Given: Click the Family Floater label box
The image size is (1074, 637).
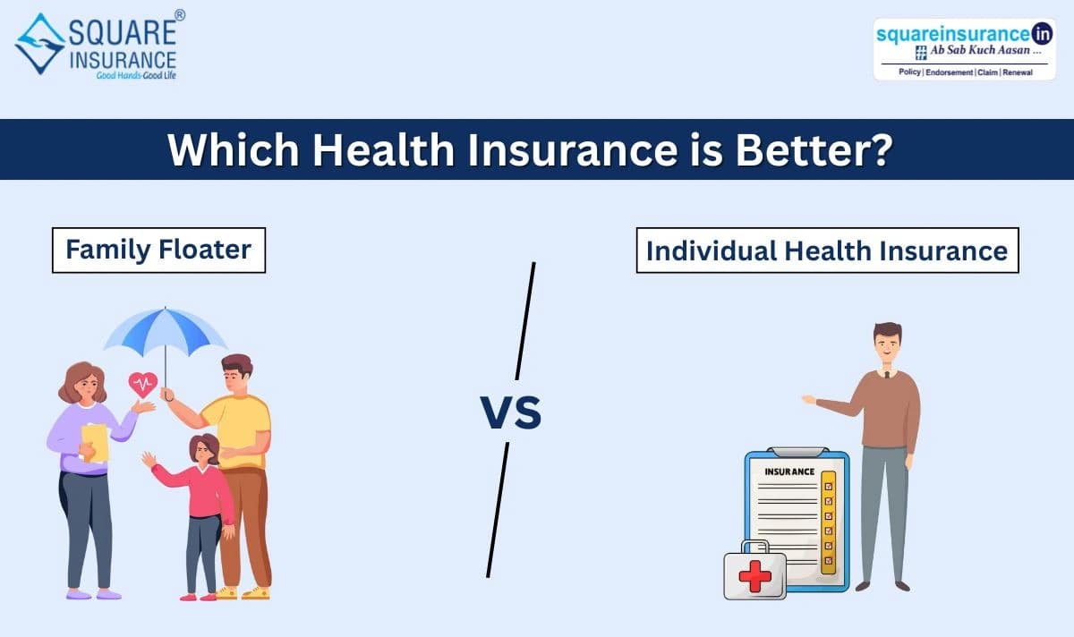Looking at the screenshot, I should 158,249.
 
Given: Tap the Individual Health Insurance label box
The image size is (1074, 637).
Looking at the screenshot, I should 827,250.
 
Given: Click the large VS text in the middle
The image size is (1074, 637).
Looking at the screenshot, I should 511,413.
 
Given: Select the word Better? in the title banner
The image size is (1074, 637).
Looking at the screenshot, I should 813,149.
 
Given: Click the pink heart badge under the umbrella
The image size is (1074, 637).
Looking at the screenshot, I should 142,385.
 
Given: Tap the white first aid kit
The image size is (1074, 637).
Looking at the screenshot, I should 754,573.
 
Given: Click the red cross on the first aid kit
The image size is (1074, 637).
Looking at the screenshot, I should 754,576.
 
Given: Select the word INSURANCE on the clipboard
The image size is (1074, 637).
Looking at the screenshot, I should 789,471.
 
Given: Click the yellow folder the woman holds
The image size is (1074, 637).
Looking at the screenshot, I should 95,442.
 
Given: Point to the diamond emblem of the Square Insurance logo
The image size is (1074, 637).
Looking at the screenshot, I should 39,43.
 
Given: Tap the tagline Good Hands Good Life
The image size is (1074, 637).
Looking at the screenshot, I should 134,76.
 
